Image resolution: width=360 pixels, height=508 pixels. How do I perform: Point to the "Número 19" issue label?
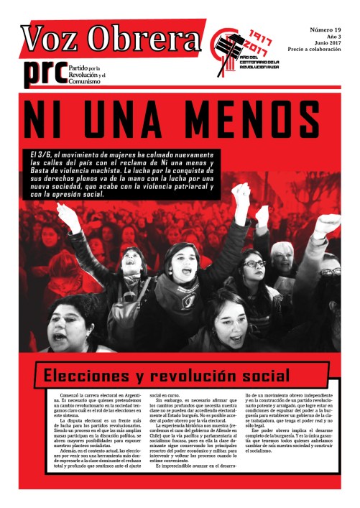[326, 30]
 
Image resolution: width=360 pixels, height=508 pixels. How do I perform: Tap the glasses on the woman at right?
[254, 264]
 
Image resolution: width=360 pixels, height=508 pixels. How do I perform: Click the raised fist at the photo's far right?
[328, 224]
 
